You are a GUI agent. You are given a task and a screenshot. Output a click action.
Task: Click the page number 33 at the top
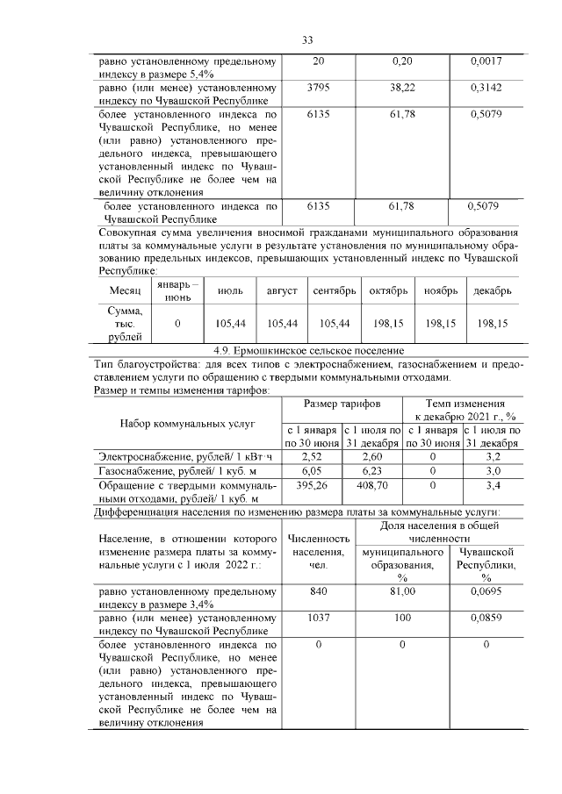point(307,39)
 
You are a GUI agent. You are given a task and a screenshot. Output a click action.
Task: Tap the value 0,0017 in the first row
point(485,62)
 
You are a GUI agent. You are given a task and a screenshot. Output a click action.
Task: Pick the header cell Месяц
point(123,290)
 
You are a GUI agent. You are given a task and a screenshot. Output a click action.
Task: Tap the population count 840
point(318,592)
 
